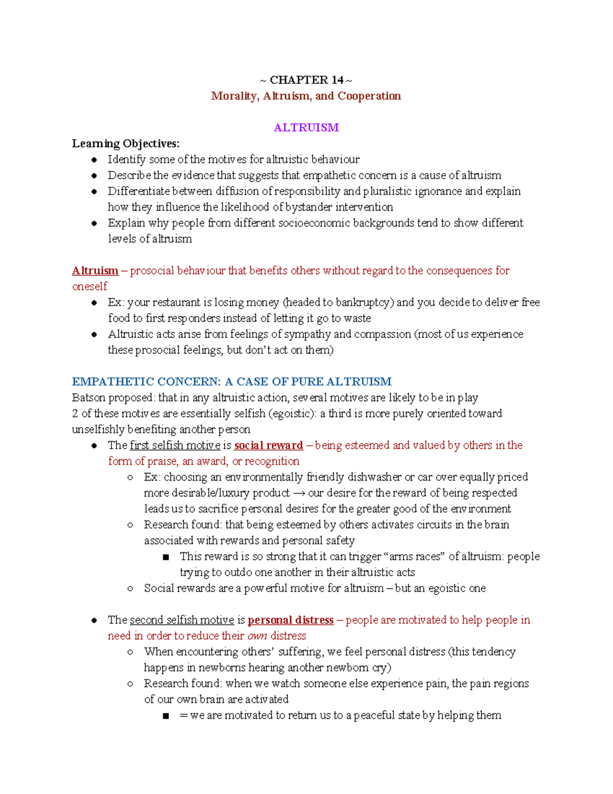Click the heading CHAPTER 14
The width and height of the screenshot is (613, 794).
click(x=306, y=80)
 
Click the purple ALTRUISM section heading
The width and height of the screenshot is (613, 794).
click(x=306, y=128)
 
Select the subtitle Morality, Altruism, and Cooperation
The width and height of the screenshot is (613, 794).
click(x=306, y=96)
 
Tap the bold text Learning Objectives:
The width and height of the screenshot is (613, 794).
click(x=126, y=144)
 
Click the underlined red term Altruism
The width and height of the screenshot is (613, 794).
click(x=95, y=270)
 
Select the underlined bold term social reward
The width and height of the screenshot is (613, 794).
click(x=268, y=445)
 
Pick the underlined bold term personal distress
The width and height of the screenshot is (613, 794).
click(x=290, y=620)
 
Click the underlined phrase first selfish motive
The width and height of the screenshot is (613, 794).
click(x=175, y=445)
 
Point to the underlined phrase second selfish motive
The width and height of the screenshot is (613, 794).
click(x=181, y=620)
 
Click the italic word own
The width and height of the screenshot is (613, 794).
click(x=257, y=636)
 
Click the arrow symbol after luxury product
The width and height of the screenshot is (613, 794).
click(x=299, y=493)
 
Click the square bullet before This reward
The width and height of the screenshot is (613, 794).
click(x=166, y=557)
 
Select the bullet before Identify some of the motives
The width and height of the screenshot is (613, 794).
click(x=94, y=160)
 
